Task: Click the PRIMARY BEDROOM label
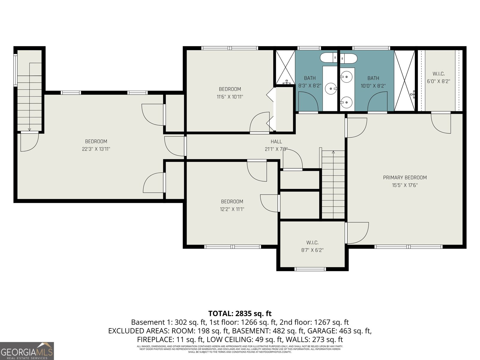coord(405,178)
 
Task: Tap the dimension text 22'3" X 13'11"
coord(96,149)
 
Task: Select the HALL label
coord(276,142)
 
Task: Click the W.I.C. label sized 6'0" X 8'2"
coord(438,74)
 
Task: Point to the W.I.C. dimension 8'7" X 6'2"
coord(312,250)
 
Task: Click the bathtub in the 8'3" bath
coord(328,57)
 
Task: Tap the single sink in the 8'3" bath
coord(331,88)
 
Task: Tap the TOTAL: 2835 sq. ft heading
coord(240,314)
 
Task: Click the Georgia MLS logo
coord(27,351)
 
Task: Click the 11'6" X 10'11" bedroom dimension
coord(230,97)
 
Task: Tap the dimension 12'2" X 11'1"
coord(232,209)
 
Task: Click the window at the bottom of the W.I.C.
coord(310,269)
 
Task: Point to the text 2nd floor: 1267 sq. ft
coord(314,322)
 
